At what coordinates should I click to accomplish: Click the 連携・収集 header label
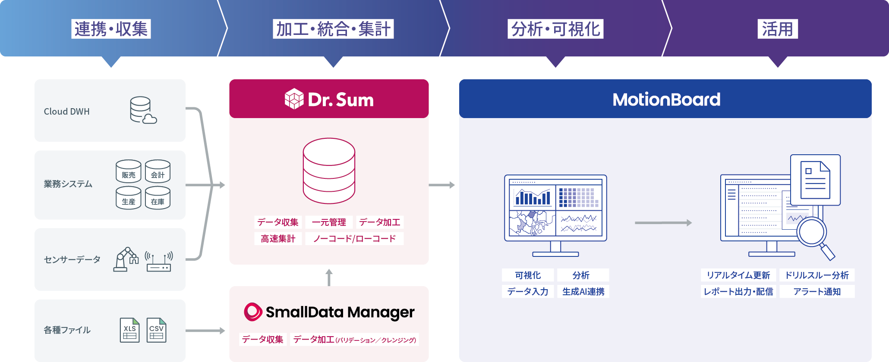[x=111, y=29]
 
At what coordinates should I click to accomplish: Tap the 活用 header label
[x=777, y=29]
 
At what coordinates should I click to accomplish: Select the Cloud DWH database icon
[x=143, y=110]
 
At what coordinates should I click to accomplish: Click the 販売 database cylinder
[x=129, y=171]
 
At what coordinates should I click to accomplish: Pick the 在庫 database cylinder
[x=158, y=198]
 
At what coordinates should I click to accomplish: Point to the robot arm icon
[x=126, y=259]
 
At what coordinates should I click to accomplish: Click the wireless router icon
[x=159, y=262]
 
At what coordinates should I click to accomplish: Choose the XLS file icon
[x=129, y=330]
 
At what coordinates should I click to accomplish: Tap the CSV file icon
[x=156, y=330]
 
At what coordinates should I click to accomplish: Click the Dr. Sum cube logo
[x=294, y=99]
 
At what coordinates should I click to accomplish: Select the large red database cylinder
[x=329, y=171]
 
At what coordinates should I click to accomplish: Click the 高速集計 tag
[x=278, y=239]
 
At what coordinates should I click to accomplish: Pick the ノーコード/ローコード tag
[x=354, y=239]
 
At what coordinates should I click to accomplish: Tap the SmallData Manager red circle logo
[x=253, y=312]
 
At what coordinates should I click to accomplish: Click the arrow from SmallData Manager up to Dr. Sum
[x=329, y=277]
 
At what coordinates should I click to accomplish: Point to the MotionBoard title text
[x=666, y=100]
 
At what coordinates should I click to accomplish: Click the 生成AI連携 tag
[x=583, y=292]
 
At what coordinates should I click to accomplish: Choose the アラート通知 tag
[x=817, y=292]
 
